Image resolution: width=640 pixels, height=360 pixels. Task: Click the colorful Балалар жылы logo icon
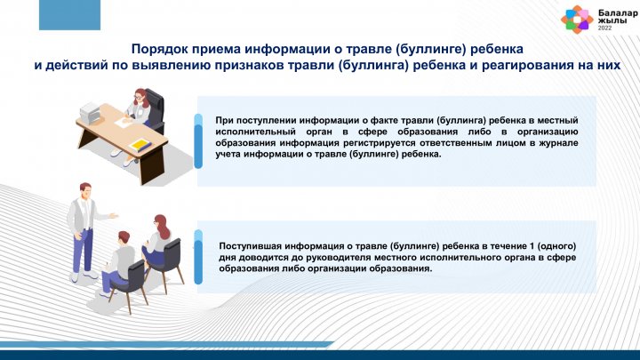[576, 20]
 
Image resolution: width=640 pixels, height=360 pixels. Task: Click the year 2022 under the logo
[605, 28]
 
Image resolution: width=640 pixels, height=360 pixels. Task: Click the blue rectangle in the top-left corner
[69, 15]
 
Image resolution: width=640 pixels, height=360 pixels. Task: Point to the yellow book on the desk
[140, 146]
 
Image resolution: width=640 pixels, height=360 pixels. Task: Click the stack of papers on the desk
[90, 114]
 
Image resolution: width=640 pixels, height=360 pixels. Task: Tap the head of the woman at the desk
[140, 96]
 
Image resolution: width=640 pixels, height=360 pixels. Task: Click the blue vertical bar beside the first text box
[198, 141]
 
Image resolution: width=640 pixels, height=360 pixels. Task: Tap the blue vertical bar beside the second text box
[198, 257]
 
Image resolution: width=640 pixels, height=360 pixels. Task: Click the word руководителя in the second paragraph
[334, 258]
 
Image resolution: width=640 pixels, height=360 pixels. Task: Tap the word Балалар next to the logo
[618, 13]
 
